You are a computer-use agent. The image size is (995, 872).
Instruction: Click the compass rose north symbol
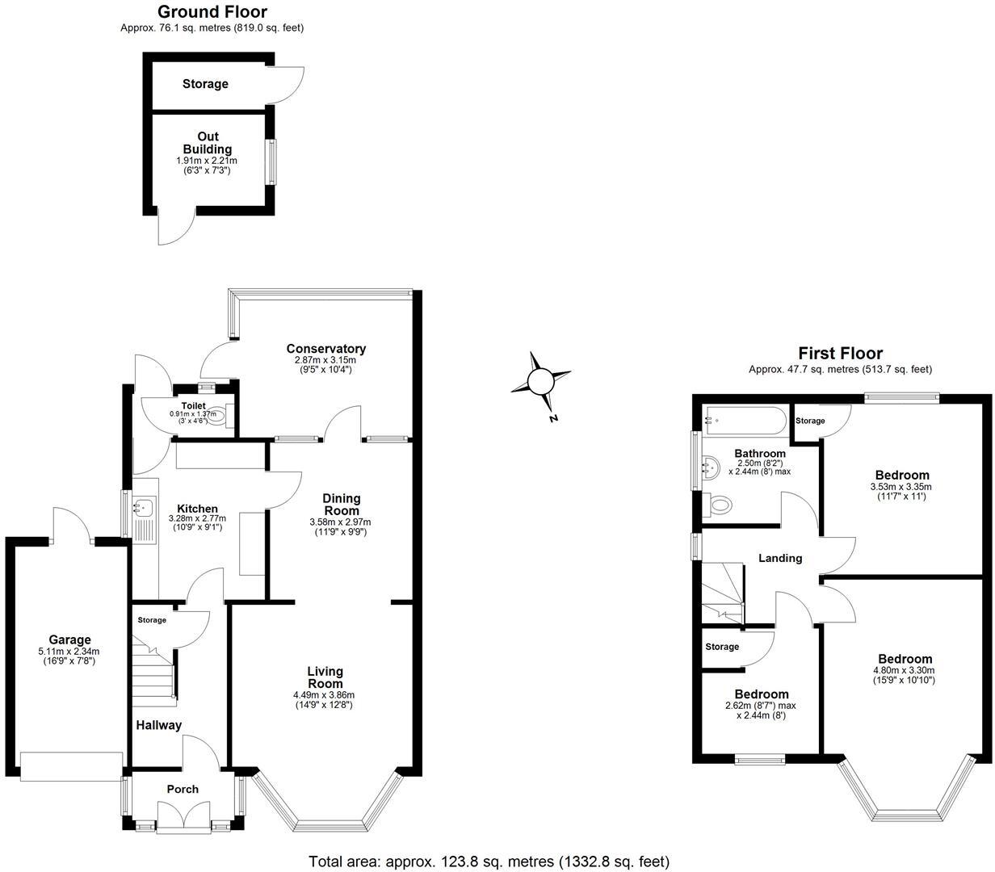pos(541,381)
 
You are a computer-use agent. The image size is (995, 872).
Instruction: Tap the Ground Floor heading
pos(212,11)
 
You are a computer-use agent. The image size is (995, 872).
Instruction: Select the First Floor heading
pos(840,353)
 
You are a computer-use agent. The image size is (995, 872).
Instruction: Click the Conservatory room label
pos(325,349)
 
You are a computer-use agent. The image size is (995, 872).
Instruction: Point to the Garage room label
pos(69,640)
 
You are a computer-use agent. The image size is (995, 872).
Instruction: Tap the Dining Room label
pos(341,505)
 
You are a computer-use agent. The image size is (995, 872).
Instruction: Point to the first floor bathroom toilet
pos(718,505)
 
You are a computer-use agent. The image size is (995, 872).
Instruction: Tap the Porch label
pos(183,789)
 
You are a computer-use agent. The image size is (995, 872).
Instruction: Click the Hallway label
pos(158,725)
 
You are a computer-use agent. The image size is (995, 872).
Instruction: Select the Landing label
pos(780,558)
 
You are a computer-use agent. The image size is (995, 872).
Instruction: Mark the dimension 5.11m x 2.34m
pos(69,652)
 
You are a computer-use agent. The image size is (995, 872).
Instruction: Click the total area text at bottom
pos(489,862)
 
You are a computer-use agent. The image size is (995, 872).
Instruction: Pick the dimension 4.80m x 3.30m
pos(905,670)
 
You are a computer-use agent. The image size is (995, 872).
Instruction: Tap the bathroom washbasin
pos(712,465)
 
